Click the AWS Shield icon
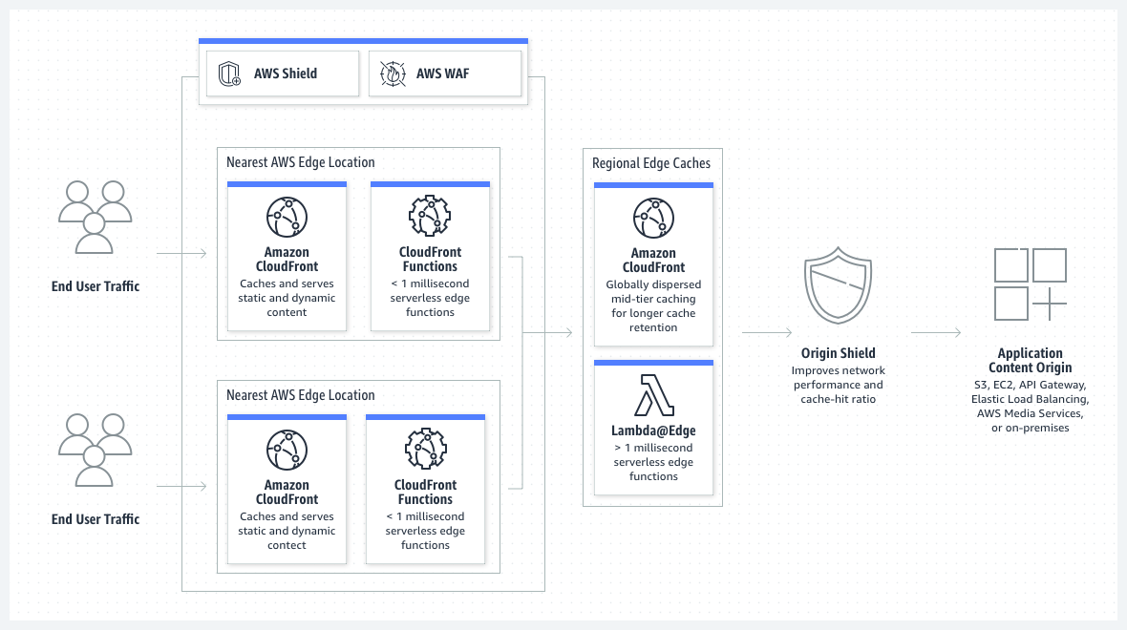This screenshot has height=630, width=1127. (x=229, y=73)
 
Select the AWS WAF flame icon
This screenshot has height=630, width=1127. (x=393, y=73)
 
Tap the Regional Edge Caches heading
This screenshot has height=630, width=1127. (x=651, y=163)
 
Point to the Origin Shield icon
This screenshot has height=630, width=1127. (x=838, y=286)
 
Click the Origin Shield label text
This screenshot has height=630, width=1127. (x=838, y=353)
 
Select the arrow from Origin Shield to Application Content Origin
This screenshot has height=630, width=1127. (x=936, y=332)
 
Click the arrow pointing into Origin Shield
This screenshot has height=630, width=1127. (x=767, y=332)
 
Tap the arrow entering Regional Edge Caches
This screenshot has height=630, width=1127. (x=549, y=332)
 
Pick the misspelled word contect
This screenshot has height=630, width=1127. (x=287, y=545)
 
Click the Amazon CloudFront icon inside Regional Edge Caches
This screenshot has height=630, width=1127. (x=653, y=218)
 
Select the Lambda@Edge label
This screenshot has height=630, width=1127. (x=653, y=431)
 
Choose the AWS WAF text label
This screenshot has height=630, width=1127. (x=442, y=73)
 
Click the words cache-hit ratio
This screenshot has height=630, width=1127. (x=838, y=399)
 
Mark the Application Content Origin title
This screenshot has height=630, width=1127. (x=1030, y=361)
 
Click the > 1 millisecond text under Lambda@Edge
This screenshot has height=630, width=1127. (x=653, y=448)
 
